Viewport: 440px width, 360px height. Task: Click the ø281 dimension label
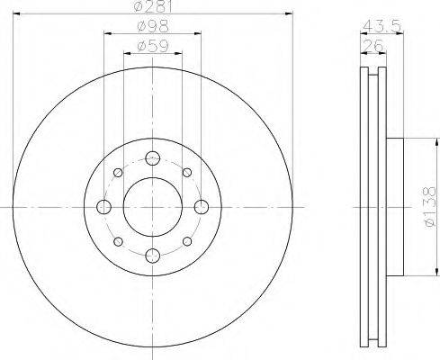[x=153, y=6]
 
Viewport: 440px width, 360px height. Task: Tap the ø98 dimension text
[x=153, y=26]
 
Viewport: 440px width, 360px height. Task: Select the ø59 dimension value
[x=153, y=46]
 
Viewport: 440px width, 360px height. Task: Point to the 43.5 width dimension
[x=382, y=26]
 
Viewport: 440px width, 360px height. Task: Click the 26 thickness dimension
[x=373, y=46]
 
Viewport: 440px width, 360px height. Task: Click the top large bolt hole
[x=153, y=158]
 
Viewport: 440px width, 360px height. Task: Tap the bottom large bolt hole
[x=153, y=256]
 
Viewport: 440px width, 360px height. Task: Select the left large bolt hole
[x=104, y=207]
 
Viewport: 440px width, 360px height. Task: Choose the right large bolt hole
[x=202, y=207]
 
